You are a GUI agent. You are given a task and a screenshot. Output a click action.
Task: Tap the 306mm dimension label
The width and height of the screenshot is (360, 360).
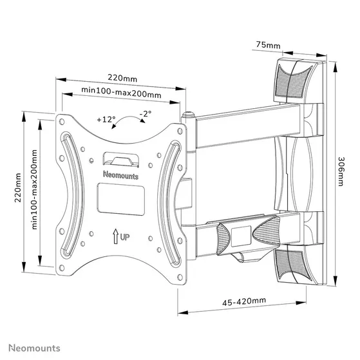(341, 171)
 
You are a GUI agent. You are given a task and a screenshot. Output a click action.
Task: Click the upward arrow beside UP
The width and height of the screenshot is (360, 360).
(114, 236)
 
